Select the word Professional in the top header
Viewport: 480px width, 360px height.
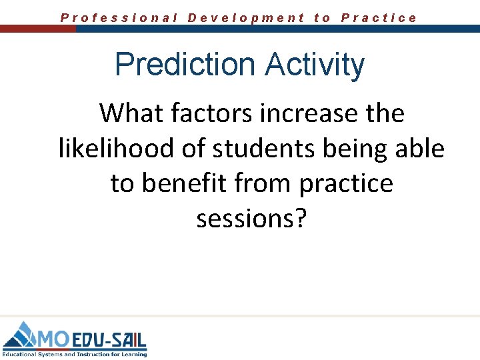coord(119,18)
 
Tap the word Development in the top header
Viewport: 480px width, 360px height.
coord(246,18)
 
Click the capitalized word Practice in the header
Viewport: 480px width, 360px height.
coord(379,18)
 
